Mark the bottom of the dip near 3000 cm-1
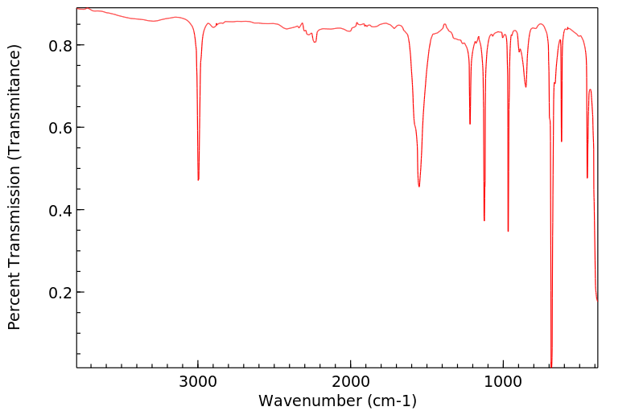(198, 179)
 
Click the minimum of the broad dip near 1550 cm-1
(419, 187)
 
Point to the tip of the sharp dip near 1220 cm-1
(470, 124)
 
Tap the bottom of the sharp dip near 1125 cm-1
(484, 220)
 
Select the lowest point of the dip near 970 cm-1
(508, 231)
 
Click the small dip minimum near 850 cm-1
(526, 86)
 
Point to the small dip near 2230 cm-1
(315, 42)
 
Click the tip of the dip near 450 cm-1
(587, 178)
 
